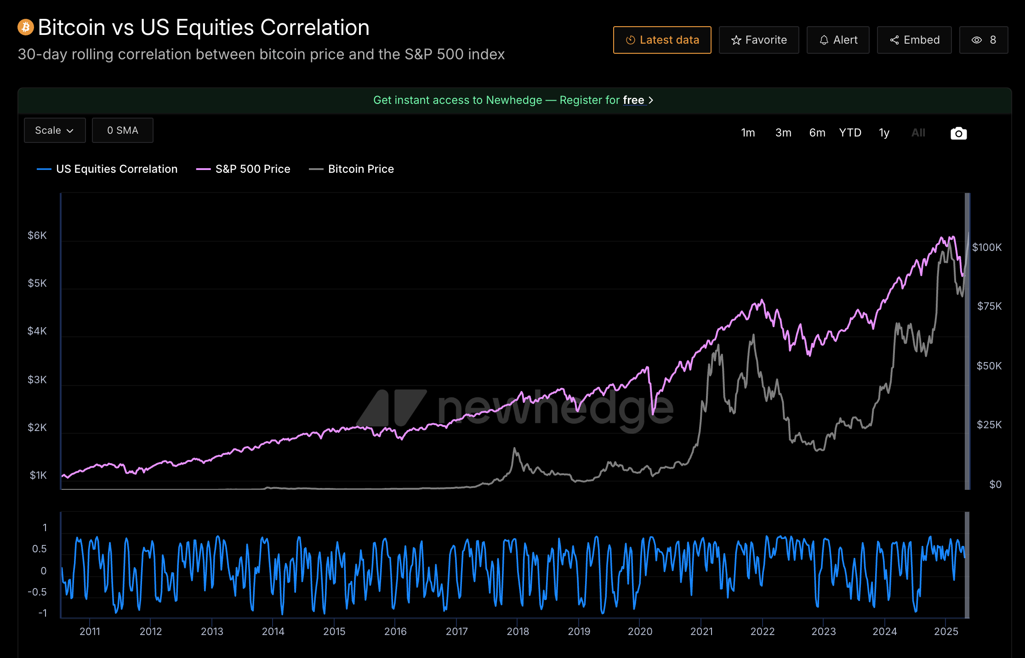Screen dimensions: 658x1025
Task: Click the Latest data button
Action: click(662, 40)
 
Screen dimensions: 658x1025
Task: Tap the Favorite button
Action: click(758, 40)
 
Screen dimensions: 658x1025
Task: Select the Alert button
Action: click(838, 40)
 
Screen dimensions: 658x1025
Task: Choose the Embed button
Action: click(914, 40)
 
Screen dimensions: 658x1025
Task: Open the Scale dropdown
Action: click(55, 130)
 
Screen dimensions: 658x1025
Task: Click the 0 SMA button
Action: click(122, 130)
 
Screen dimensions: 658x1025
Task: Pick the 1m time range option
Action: click(748, 133)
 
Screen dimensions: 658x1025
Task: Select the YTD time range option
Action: click(850, 133)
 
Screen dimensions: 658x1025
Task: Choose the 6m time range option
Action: click(817, 133)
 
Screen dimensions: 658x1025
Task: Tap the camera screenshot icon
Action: click(958, 133)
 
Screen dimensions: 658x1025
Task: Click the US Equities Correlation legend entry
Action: click(116, 169)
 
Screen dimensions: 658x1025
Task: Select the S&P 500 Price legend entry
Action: click(252, 169)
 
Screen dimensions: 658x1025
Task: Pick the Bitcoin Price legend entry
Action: click(360, 169)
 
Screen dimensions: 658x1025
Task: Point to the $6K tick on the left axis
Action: click(37, 236)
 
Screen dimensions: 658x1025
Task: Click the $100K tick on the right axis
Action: click(987, 248)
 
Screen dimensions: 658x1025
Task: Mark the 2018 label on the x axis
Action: click(518, 631)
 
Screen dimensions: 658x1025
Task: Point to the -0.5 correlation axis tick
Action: click(37, 592)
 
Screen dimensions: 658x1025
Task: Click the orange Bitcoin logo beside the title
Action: click(26, 27)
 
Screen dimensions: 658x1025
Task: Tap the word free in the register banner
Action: click(633, 100)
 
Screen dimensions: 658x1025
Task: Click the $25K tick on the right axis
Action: click(989, 425)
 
